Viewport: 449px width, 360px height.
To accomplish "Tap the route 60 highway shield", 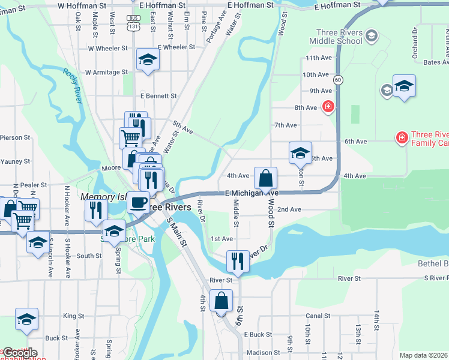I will (339, 79).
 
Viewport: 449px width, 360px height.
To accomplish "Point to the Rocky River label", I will (72, 85).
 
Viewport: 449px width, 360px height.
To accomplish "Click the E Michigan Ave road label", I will (252, 194).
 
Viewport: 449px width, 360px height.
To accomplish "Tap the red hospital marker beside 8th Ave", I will (328, 107).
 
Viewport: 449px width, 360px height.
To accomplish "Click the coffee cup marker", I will (139, 202).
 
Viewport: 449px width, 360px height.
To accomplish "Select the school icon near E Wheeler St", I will (147, 59).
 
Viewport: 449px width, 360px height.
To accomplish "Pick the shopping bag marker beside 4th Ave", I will (265, 178).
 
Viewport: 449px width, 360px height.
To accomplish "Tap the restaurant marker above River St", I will (238, 261).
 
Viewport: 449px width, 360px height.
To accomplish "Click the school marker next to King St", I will (27, 319).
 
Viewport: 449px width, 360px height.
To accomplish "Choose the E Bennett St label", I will (158, 95).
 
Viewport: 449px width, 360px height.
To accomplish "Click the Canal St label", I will (318, 316).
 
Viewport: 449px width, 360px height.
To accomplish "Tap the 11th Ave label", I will (318, 58).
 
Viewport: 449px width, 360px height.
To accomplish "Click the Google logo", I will (19, 353).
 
